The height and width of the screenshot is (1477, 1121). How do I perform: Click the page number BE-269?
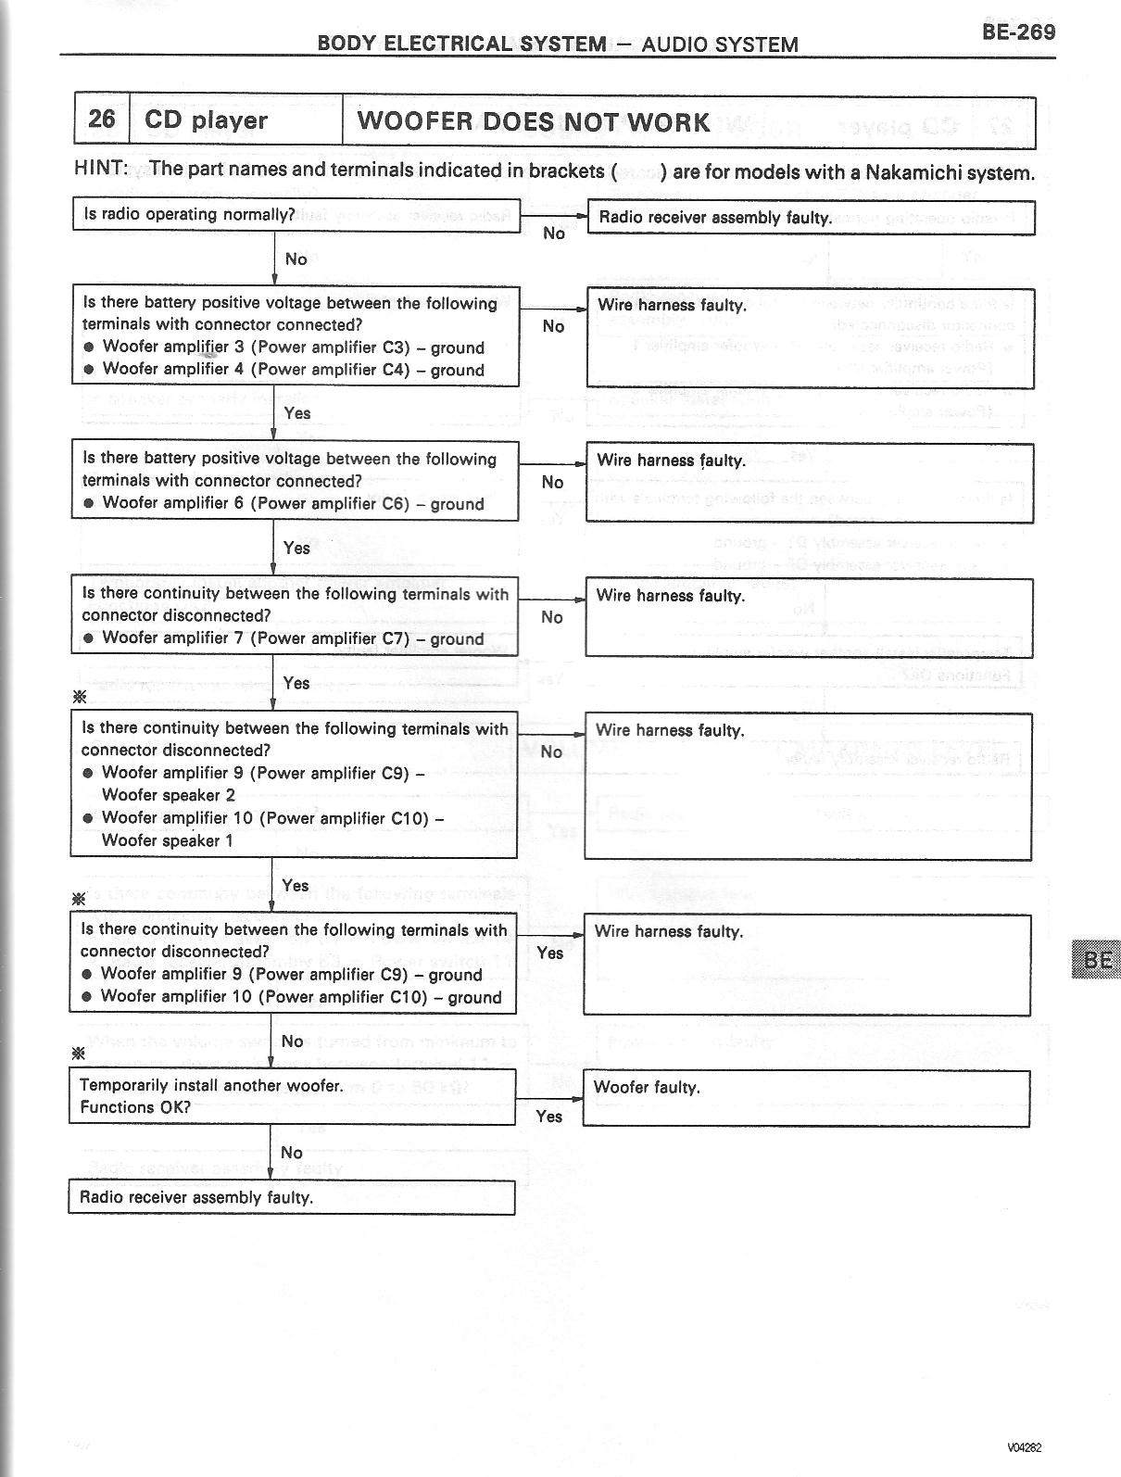click(1017, 32)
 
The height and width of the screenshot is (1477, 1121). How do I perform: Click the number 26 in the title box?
click(102, 120)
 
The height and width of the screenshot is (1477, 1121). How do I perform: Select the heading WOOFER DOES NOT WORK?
click(534, 121)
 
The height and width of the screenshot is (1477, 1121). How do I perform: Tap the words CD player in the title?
click(206, 120)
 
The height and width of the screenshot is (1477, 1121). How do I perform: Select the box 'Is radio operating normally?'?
click(296, 215)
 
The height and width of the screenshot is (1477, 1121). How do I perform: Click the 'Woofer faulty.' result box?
click(806, 1098)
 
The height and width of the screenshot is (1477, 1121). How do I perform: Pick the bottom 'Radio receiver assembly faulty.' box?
click(291, 1197)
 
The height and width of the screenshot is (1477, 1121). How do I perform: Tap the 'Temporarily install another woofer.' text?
click(211, 1085)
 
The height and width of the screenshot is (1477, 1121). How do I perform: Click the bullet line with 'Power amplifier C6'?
click(293, 503)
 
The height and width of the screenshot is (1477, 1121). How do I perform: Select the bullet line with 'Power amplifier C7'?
click(293, 638)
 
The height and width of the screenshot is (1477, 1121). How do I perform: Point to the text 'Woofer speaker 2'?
click(169, 795)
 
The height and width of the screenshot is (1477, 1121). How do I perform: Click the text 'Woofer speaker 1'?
click(168, 840)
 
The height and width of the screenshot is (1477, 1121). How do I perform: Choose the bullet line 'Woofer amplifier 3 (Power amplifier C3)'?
click(293, 347)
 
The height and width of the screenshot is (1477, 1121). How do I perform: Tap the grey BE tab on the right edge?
click(1095, 960)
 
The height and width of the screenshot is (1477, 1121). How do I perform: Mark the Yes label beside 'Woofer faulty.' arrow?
click(549, 1117)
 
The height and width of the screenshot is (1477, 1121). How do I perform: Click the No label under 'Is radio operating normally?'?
click(296, 259)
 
